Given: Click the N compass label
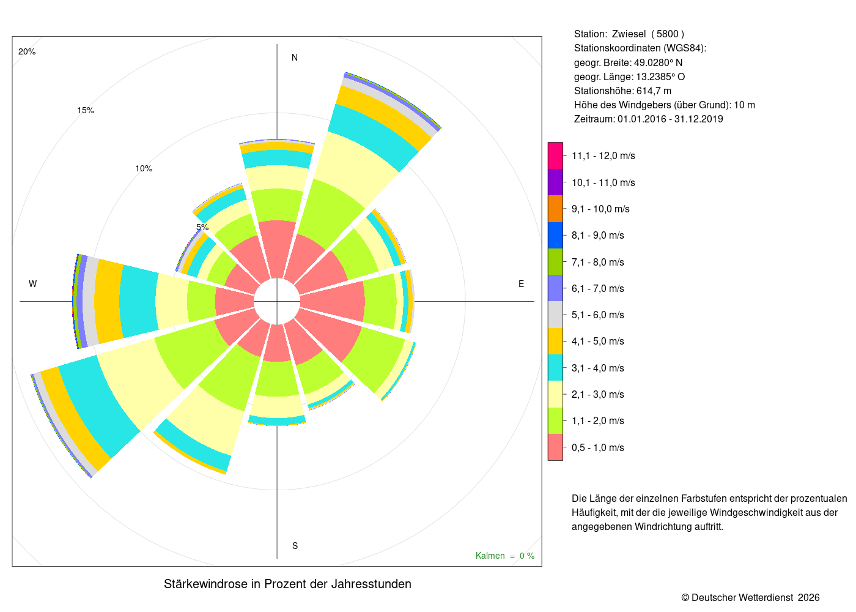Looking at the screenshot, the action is coord(295,58).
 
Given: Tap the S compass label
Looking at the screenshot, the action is coord(295,546).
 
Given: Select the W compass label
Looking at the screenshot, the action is coord(32,284).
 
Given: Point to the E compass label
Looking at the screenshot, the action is coord(521,284).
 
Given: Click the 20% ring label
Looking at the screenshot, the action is coord(27,51).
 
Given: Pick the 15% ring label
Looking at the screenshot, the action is coord(86,110).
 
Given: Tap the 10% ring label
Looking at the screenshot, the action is coord(144,168).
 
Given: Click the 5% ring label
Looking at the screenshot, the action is coord(202,227).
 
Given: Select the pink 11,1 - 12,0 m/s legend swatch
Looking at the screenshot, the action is coord(555,155).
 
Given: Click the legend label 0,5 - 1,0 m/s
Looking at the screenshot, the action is coord(598,447).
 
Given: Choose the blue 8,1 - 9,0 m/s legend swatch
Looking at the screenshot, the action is coord(555,235).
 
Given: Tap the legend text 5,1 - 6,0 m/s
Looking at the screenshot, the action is coord(598,315).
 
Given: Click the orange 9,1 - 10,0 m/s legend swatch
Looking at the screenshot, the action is coord(555,209).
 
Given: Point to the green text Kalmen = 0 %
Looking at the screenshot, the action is coord(505,556).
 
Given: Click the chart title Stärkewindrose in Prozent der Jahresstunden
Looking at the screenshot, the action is coord(287,584).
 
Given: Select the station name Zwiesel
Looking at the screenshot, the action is coord(629,34).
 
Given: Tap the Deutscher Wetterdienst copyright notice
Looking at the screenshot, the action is coord(750,598).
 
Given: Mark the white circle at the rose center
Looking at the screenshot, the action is coord(277,301).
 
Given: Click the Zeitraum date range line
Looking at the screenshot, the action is coord(648,119).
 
